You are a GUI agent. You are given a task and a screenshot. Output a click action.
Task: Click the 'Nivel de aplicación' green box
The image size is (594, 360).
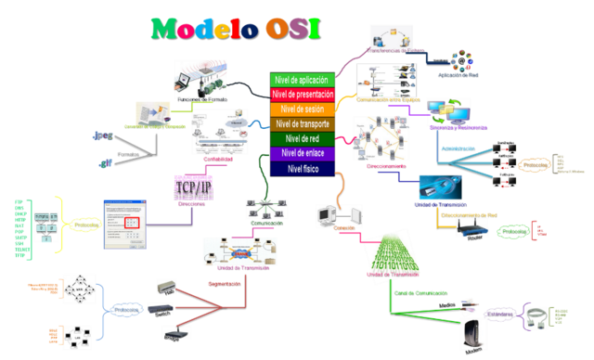coord(301,81)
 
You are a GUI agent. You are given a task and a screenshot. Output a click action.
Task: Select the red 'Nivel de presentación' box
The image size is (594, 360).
coord(301,95)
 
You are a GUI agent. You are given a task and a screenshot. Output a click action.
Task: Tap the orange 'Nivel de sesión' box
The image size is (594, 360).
coord(301,109)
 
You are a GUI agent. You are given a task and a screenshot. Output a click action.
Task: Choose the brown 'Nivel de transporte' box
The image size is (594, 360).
coord(301,124)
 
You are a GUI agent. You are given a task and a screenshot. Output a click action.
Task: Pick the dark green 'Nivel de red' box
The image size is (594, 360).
coord(301,139)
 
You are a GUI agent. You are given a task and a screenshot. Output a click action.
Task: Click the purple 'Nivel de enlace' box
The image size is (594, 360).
coord(301,153)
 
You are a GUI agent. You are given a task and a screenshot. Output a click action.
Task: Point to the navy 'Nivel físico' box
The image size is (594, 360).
coord(301,168)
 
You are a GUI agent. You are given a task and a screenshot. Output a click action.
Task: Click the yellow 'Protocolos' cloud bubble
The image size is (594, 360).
coord(86,224)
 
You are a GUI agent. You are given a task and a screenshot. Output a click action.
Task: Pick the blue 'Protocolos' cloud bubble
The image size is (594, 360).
coord(126,309)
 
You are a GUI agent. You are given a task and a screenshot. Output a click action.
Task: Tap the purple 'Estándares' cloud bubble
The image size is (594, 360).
coord(499,313)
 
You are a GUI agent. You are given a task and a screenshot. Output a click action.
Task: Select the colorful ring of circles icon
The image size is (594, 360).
coord(461,60)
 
